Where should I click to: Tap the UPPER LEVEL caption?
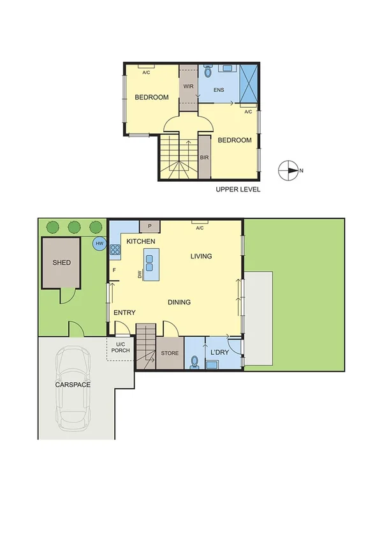238,189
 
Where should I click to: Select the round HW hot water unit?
99,244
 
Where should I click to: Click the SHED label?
62,262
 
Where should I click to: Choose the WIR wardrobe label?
188,85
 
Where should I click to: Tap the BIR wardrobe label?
205,157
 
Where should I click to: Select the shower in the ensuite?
249,83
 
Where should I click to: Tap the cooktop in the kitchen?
115,250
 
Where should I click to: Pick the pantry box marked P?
150,225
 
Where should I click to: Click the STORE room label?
170,353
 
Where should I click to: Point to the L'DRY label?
220,351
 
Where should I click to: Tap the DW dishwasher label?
139,274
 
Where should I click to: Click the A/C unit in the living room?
200,223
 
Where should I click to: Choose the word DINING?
179,302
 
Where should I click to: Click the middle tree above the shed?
74,226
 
